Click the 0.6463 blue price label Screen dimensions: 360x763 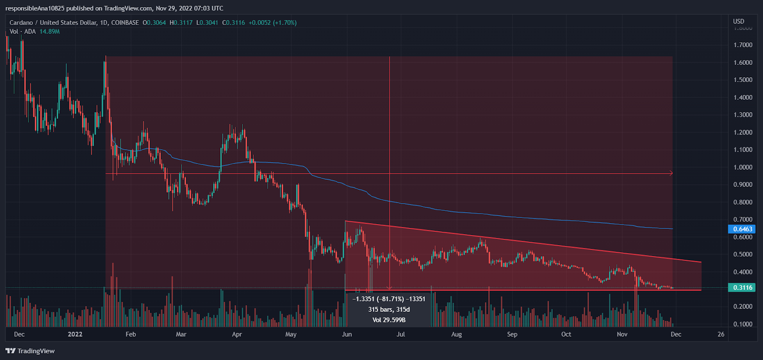click(742, 229)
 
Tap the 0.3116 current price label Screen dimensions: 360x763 click(742, 288)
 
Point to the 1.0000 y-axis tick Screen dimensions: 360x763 click(743, 167)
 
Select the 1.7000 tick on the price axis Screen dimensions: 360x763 click(743, 45)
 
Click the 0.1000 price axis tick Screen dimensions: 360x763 click(743, 324)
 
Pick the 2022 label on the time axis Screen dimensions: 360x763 click(75, 334)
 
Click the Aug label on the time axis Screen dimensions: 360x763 click(456, 334)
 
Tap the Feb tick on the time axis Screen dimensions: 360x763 click(131, 334)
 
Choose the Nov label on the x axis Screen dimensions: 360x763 click(622, 334)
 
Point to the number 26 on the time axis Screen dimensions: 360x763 click(721, 334)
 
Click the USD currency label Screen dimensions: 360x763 click(738, 21)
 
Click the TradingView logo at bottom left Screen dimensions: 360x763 click(30, 351)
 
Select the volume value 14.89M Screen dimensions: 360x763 click(50, 31)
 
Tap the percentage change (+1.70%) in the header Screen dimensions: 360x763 click(285, 22)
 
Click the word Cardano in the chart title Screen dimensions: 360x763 click(21, 22)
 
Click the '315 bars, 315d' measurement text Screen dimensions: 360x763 click(389, 309)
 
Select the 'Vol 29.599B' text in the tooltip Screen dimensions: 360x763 click(389, 320)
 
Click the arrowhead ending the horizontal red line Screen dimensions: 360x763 click(671, 173)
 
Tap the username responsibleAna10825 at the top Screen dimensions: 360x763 click(35, 8)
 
